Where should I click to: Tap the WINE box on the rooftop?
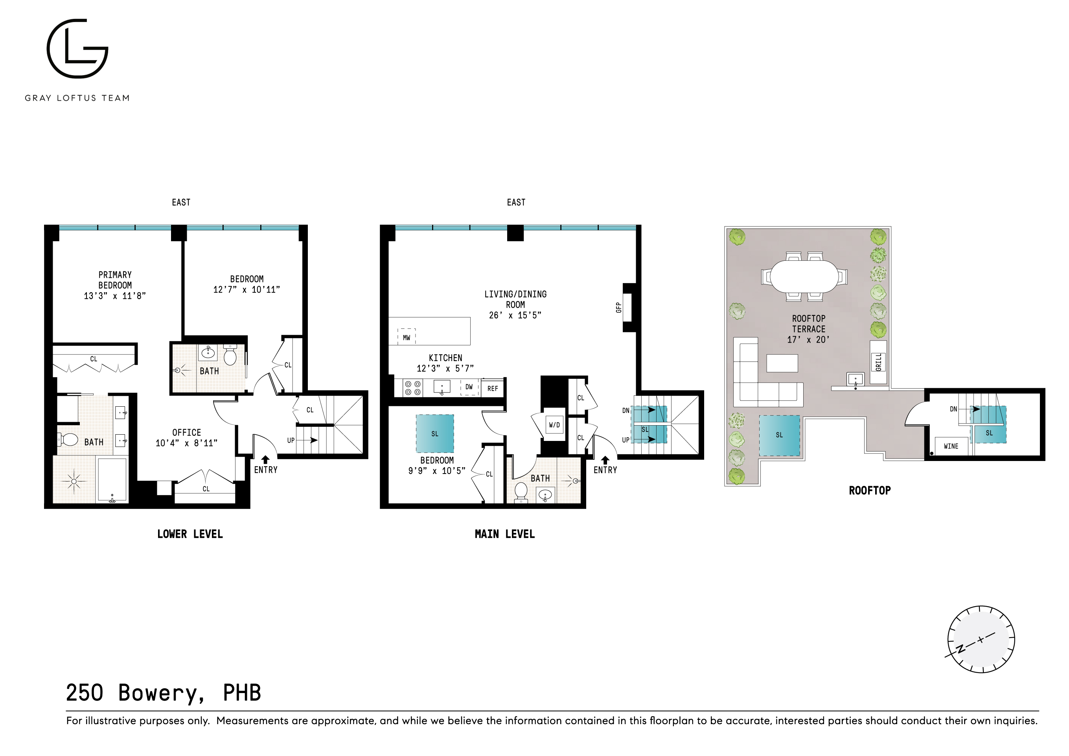(951, 446)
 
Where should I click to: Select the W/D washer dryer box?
(554, 425)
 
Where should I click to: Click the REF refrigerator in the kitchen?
(493, 388)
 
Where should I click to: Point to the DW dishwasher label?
(469, 387)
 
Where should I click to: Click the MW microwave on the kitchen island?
(407, 337)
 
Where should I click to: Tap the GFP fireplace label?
(619, 308)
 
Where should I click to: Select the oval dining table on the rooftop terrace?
(804, 276)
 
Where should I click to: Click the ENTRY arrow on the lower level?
(265, 460)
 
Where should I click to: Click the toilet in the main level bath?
(521, 491)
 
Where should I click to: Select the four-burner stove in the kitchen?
(412, 387)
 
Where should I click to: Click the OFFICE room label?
(187, 432)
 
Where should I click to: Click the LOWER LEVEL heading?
(190, 534)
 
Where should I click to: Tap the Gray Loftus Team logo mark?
(77, 48)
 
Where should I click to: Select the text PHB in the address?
(242, 693)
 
